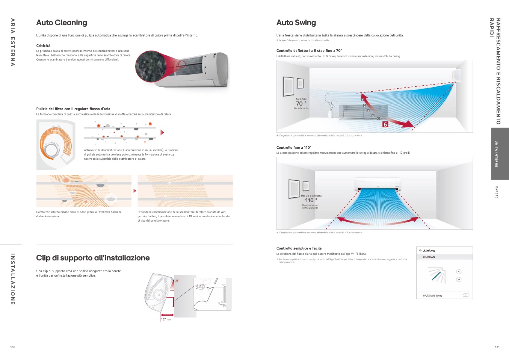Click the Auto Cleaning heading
click(62, 23)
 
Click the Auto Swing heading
click(296, 23)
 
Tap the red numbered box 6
click(385, 124)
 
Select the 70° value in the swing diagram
click(301, 104)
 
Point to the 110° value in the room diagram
click(311, 200)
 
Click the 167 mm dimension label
click(166, 319)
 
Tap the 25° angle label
click(177, 281)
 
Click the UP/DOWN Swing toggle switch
click(466, 295)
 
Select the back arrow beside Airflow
click(420, 250)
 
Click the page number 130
click(13, 347)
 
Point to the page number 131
click(497, 347)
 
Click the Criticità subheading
click(43, 46)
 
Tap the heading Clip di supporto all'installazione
click(93, 258)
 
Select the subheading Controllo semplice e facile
click(299, 248)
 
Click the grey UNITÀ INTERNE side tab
click(500, 154)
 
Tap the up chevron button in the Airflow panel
click(459, 272)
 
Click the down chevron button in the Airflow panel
click(459, 280)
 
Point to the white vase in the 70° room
click(330, 113)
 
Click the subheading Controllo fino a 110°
click(294, 148)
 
